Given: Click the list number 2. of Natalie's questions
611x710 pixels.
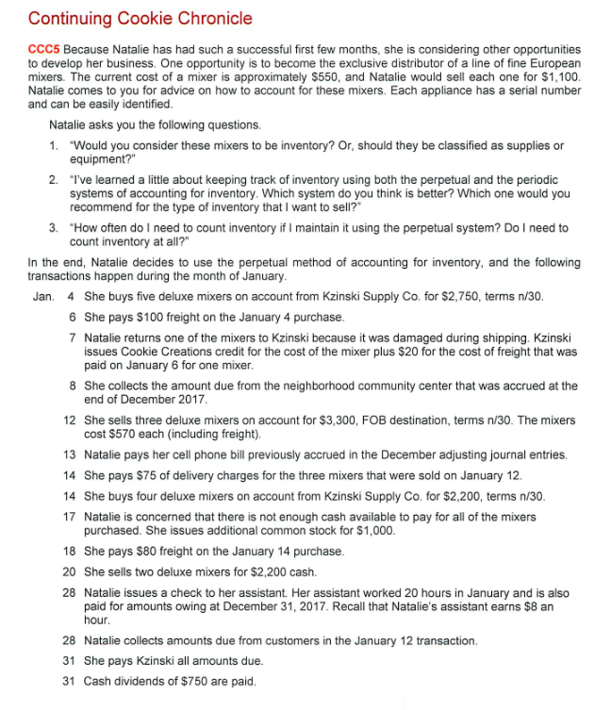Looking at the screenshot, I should pyautogui.click(x=55, y=179).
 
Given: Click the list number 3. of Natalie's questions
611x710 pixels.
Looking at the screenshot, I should pyautogui.click(x=55, y=227).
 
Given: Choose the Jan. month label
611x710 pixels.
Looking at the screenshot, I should pyautogui.click(x=44, y=297).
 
